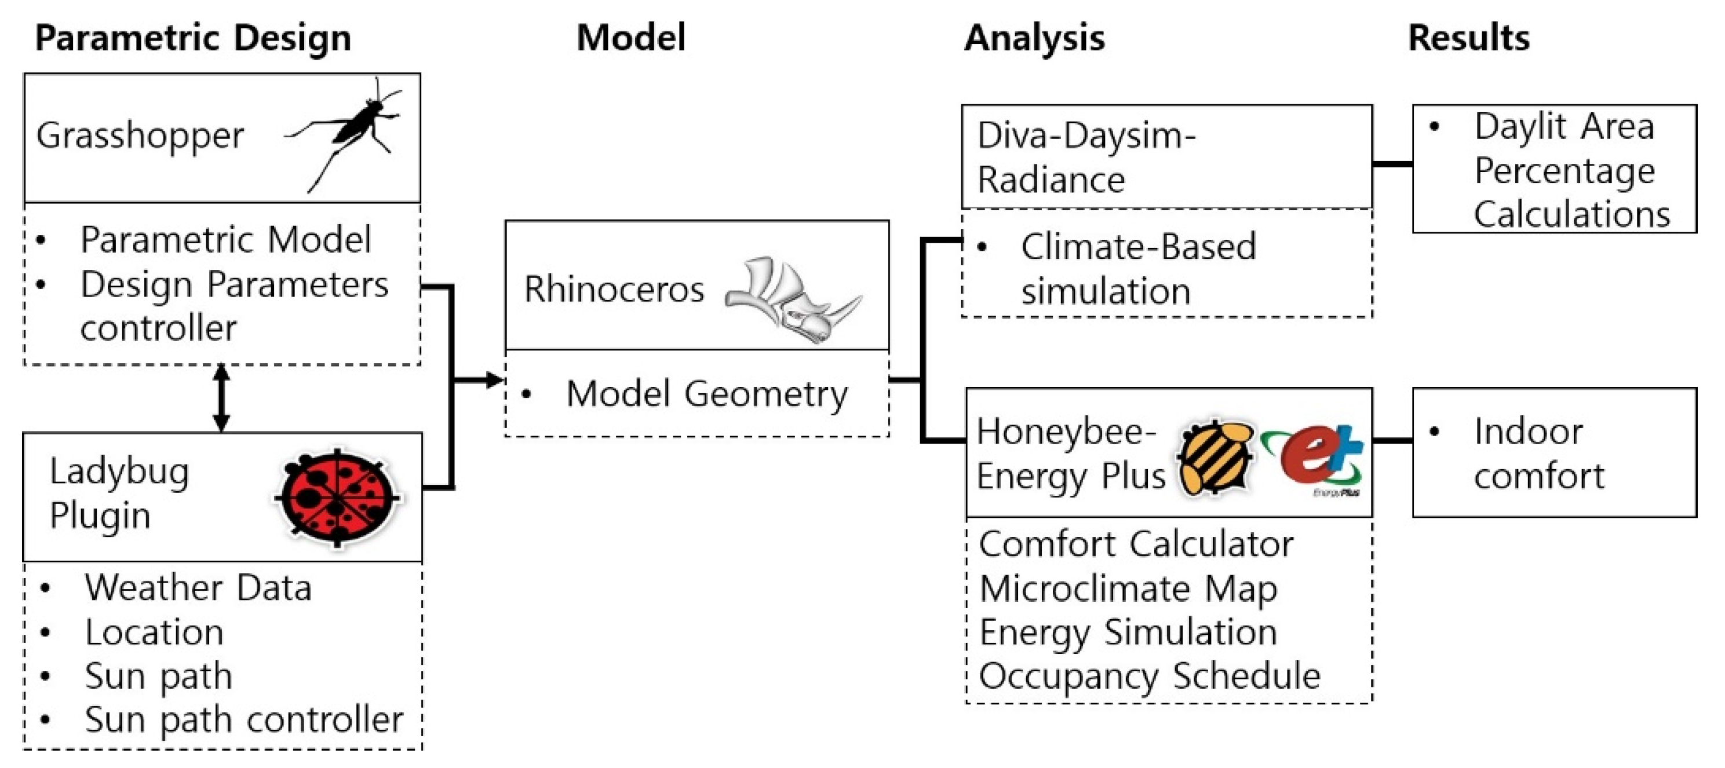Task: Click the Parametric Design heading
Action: (x=193, y=38)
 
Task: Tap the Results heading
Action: (x=1468, y=38)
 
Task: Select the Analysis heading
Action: (x=1034, y=38)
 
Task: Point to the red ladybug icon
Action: (x=337, y=497)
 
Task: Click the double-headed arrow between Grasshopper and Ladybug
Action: (x=222, y=398)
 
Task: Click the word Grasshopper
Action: (x=140, y=136)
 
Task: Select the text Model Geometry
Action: (x=706, y=394)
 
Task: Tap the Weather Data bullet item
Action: (x=198, y=588)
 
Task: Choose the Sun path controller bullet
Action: (x=244, y=720)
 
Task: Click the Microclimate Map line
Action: (x=1128, y=589)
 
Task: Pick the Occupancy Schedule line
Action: (x=1149, y=676)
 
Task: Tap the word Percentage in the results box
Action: (x=1564, y=170)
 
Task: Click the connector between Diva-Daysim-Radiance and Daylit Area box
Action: (x=1392, y=163)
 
